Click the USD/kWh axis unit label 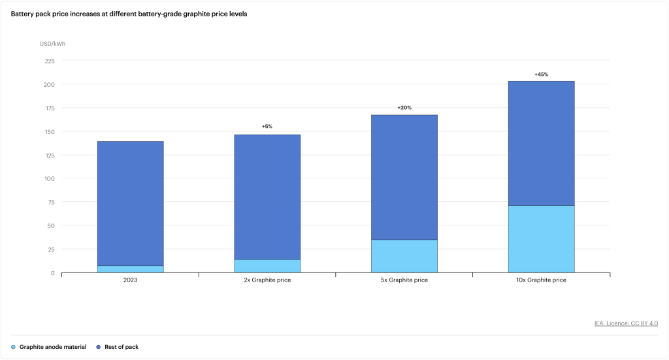[x=53, y=44]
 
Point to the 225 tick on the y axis [x=50, y=61]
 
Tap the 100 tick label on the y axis [x=50, y=178]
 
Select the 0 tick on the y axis [x=53, y=272]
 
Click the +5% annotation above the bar [x=267, y=126]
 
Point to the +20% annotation [x=404, y=107]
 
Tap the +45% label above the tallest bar [x=541, y=74]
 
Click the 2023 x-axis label [x=130, y=280]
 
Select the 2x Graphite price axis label [x=267, y=280]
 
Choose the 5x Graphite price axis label [x=404, y=280]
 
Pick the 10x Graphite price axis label [x=541, y=280]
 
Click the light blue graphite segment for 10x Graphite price [x=541, y=239]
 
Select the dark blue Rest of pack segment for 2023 [x=130, y=203]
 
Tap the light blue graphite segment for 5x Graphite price [x=404, y=256]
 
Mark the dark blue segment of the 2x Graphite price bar [x=267, y=197]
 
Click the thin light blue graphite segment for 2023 [x=130, y=269]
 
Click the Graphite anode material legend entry [x=49, y=347]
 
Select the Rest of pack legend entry [x=118, y=347]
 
